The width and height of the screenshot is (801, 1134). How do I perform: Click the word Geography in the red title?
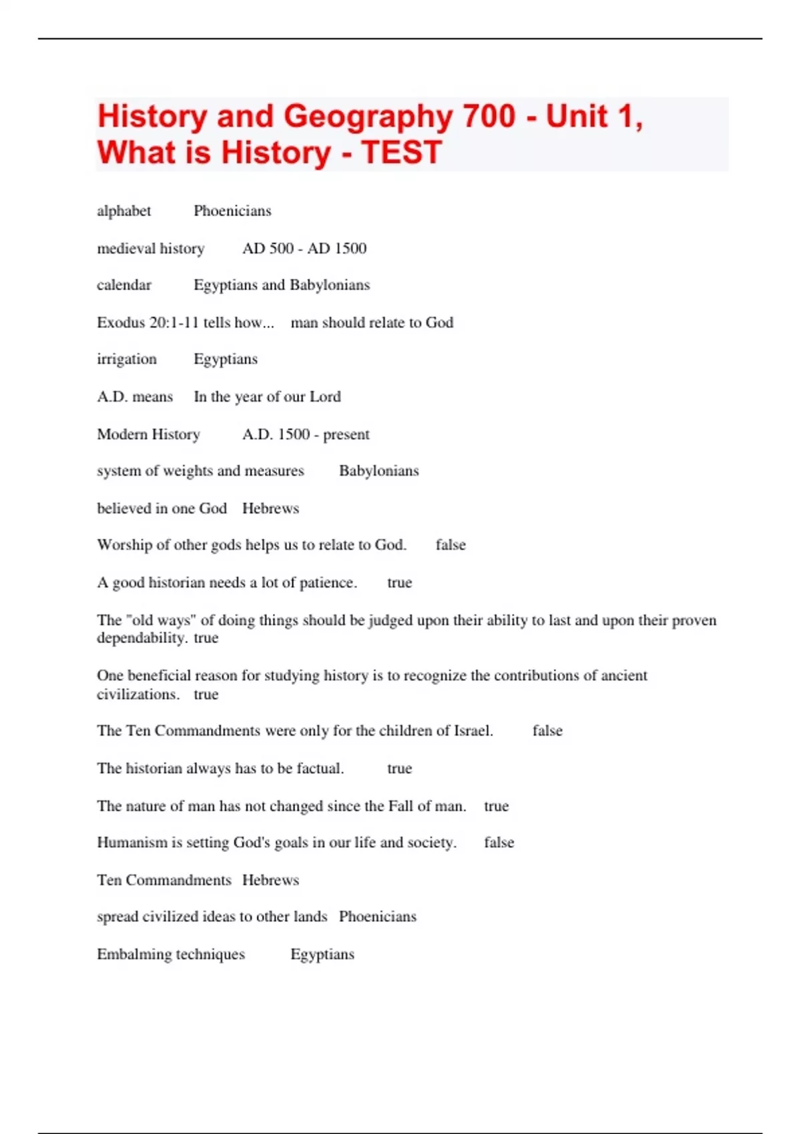[368, 117]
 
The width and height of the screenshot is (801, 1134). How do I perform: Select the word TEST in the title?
[401, 153]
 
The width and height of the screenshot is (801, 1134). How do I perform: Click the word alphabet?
[124, 211]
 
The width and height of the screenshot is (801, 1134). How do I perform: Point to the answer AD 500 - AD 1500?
[304, 248]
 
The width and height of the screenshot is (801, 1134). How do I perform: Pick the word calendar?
[124, 285]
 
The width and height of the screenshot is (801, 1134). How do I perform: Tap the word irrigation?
[127, 359]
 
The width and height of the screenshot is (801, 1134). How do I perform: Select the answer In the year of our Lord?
[267, 397]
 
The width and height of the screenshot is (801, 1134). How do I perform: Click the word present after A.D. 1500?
[346, 434]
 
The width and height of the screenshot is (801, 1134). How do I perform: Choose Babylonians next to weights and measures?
[378, 471]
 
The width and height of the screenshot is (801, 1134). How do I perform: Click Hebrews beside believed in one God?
[270, 508]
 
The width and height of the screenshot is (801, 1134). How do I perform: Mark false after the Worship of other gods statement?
[451, 545]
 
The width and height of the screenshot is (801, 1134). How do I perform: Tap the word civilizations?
[138, 694]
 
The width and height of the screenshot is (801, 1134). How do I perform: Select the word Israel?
[473, 731]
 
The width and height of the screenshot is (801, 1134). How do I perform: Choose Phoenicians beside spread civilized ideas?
[377, 917]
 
